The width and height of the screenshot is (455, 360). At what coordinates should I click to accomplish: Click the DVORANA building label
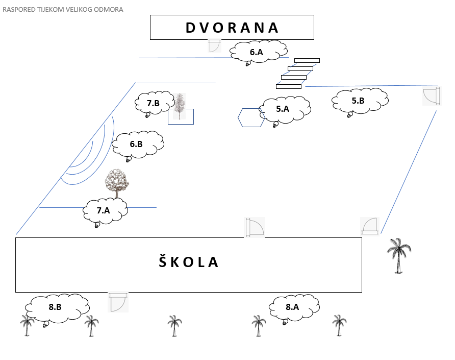coord(232,28)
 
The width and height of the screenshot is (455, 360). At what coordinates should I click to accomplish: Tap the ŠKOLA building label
coord(188,261)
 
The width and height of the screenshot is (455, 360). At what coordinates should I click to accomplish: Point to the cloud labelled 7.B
coord(155,103)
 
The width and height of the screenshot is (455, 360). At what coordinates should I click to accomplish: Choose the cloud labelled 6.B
coord(138,145)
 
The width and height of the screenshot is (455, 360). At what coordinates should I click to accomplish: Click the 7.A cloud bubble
coord(105,211)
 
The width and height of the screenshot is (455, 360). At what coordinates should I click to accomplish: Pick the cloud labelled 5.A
coord(285,110)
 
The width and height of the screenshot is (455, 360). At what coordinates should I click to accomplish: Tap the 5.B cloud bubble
coord(360,101)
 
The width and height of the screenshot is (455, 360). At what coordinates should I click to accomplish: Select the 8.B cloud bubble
coord(57,308)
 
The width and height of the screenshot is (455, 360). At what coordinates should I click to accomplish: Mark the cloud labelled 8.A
coord(294,307)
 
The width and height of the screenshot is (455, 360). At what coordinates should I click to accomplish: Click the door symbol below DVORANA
coord(215,46)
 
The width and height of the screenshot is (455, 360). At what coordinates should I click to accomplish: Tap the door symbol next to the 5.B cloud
coord(432,96)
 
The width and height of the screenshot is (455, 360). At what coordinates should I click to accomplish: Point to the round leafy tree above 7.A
coord(117,183)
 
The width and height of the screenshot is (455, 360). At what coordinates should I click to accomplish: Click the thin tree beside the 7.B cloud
coord(180,106)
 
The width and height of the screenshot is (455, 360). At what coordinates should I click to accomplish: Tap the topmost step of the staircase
coord(307,60)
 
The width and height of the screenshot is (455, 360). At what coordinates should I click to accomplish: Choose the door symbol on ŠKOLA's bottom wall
coord(118,302)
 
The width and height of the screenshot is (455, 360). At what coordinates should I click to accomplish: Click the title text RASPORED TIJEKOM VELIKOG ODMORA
coord(63,10)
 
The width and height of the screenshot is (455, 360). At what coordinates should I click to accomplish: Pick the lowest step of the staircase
coord(289,87)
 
